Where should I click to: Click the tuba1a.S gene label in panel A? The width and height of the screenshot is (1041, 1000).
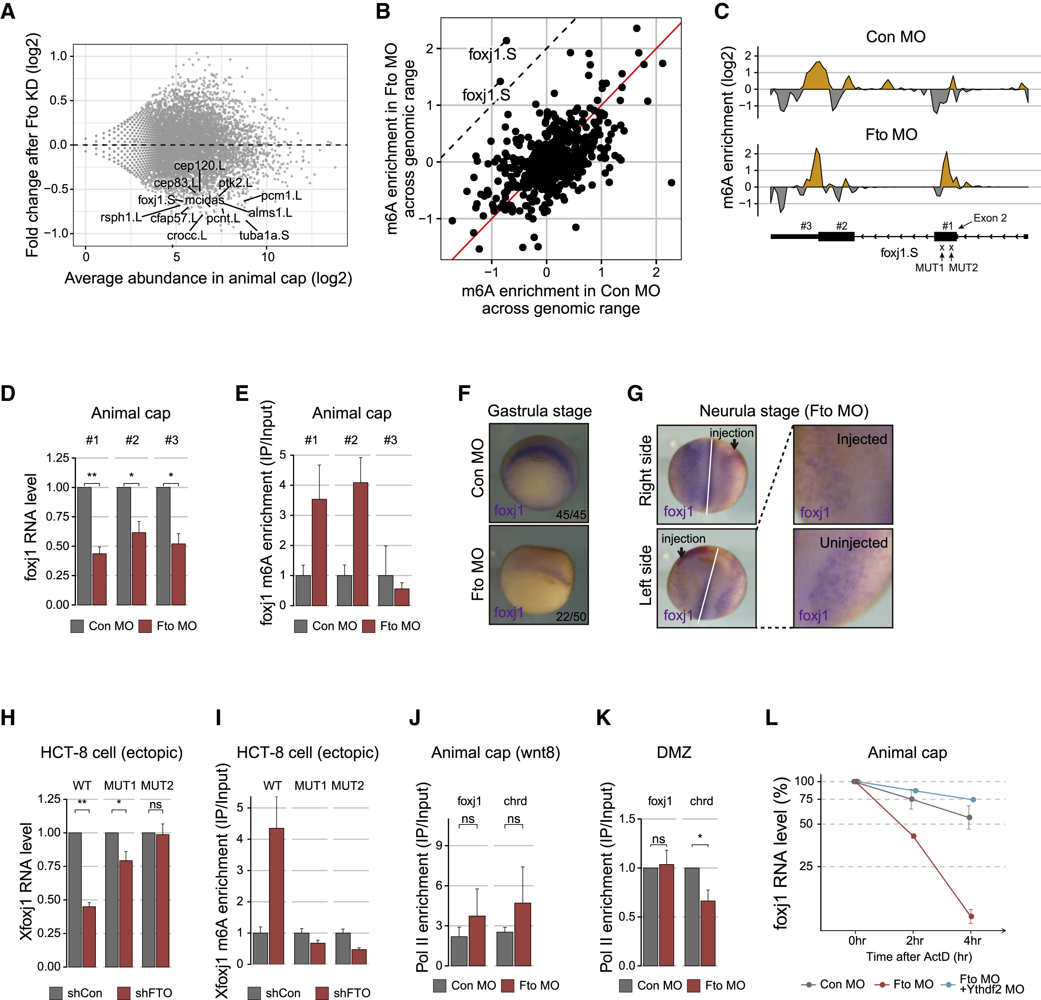(x=264, y=235)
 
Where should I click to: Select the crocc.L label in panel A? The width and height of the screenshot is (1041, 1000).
(x=187, y=235)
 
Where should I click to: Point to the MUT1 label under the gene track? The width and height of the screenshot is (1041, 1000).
(x=929, y=268)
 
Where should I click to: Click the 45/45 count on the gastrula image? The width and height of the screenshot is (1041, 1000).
(x=571, y=514)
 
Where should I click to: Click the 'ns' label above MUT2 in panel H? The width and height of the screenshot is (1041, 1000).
(x=155, y=804)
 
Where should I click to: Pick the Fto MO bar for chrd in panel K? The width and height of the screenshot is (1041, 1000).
(x=707, y=932)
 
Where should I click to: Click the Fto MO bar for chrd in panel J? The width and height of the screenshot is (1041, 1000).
(x=523, y=934)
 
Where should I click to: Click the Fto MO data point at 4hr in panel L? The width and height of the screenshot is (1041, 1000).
(x=971, y=916)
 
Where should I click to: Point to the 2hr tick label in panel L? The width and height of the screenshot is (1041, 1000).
(x=914, y=940)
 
